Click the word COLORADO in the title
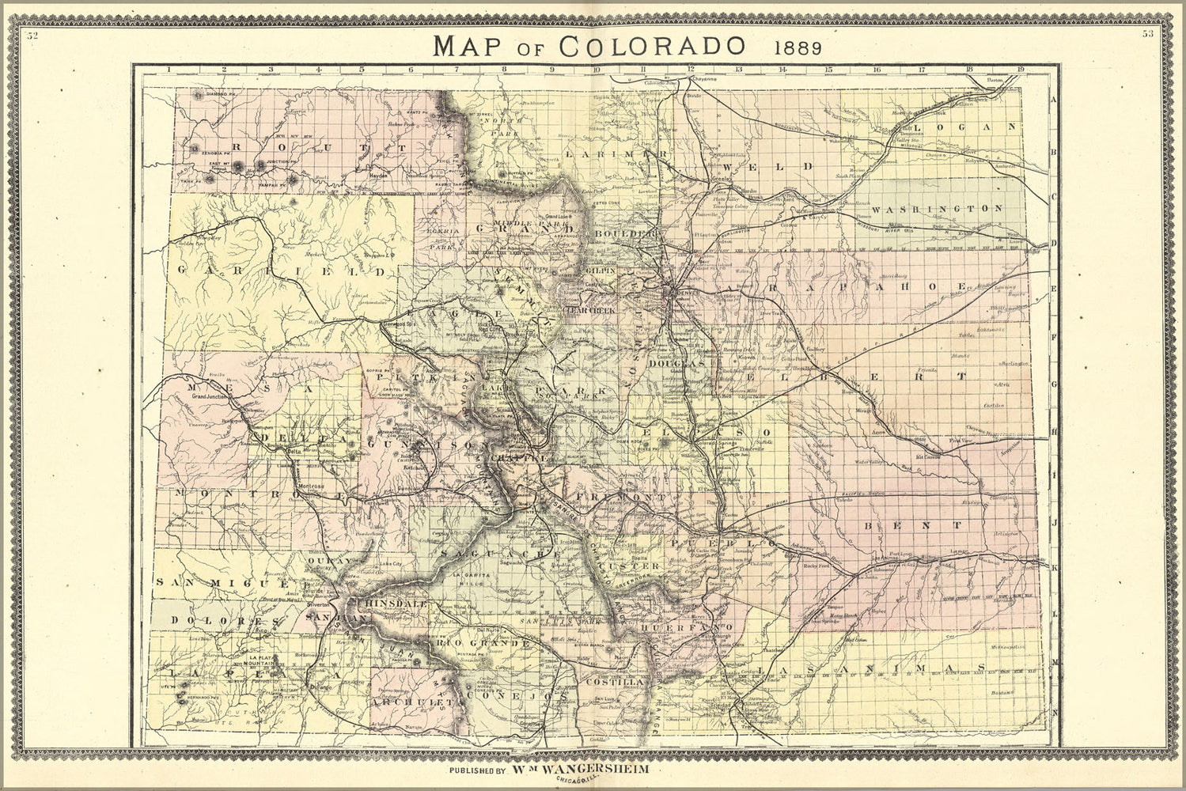coord(650,45)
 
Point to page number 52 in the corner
coord(31,35)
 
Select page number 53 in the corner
coord(1147,34)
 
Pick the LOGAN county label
coord(967,127)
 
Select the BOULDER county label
coord(627,235)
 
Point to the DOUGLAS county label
coord(675,365)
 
